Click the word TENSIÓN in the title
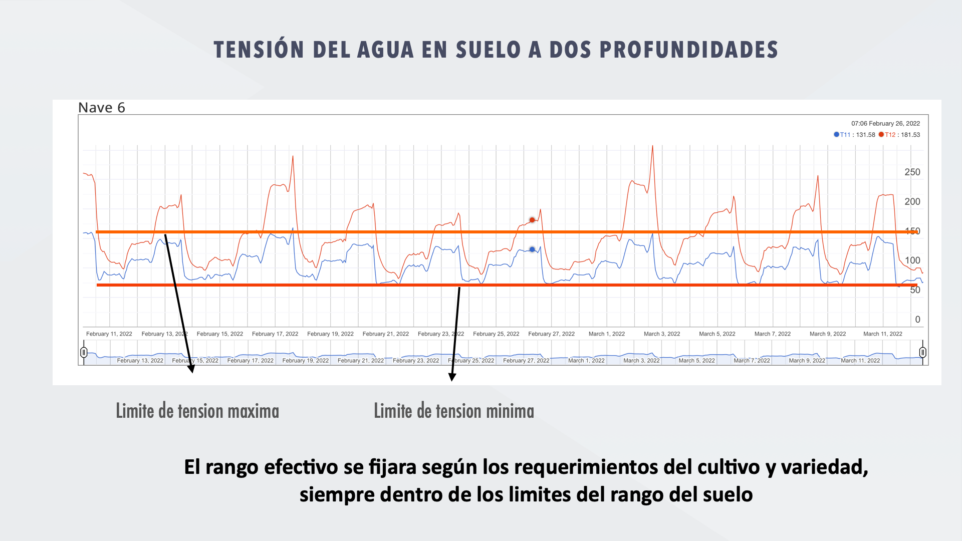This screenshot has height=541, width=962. click(x=259, y=50)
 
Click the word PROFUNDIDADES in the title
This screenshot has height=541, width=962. click(x=688, y=50)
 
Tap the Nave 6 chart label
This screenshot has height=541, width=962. click(x=101, y=108)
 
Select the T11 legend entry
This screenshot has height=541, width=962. click(x=844, y=135)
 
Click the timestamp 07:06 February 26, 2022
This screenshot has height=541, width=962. click(x=885, y=123)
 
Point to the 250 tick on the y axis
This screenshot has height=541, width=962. click(x=912, y=172)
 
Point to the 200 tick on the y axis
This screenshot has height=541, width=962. click(x=912, y=202)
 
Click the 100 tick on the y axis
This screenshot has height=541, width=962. click(x=912, y=260)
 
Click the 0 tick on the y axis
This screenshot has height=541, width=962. click(x=917, y=320)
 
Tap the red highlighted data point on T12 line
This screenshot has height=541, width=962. click(x=532, y=220)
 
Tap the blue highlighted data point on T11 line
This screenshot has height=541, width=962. click(x=532, y=249)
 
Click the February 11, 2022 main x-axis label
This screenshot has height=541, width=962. click(x=109, y=334)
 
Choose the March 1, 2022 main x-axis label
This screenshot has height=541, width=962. click(x=606, y=334)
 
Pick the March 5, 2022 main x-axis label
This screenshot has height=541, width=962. click(x=717, y=334)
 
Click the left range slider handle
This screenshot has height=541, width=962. click(x=84, y=352)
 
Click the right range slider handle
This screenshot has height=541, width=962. click(x=922, y=352)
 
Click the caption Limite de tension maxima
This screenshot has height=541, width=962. click(x=197, y=411)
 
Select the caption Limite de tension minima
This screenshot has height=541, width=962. click(x=454, y=411)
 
